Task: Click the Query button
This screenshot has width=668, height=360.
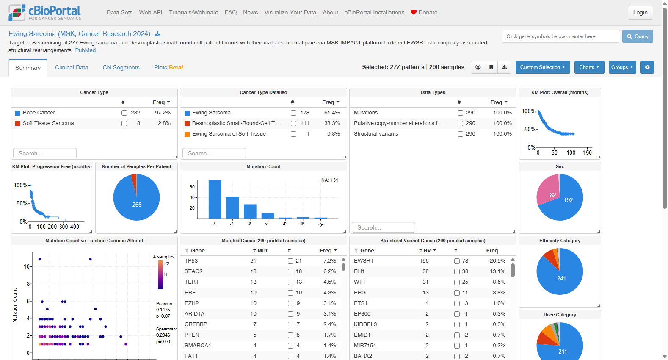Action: coord(637,36)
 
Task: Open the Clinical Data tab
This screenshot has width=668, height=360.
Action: coord(72,67)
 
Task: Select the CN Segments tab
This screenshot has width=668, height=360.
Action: coord(121,67)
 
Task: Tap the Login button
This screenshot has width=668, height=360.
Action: coord(640,13)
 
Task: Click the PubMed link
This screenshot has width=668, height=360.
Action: coord(85,50)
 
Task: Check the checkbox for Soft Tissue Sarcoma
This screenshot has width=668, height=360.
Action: coord(124,124)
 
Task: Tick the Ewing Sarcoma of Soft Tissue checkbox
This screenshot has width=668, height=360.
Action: coord(293,134)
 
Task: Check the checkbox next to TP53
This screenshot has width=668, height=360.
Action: coord(290,261)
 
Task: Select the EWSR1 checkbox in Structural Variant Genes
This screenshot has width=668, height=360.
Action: coord(457,261)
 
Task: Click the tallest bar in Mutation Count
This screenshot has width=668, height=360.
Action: coord(215,199)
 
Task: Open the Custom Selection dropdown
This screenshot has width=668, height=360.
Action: coord(543,67)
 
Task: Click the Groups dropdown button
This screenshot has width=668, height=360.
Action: coord(622,67)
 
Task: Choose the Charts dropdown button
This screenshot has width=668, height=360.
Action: coord(589,67)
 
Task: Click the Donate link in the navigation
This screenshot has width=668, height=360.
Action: coord(424,13)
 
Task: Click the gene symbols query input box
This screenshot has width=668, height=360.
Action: coord(560,36)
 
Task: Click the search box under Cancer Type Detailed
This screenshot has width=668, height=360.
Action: coord(214,153)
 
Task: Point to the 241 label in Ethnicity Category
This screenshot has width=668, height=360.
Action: coord(561,278)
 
